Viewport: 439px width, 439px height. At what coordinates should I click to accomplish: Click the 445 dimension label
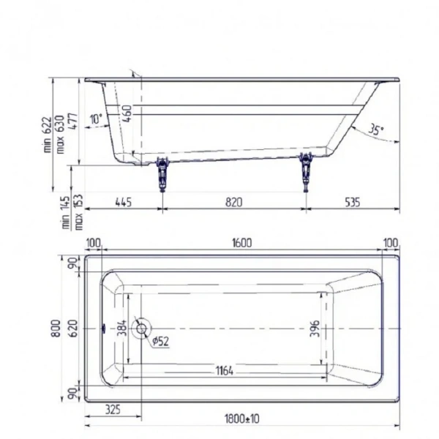point(122,202)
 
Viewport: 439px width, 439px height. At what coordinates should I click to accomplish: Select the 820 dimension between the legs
point(233,202)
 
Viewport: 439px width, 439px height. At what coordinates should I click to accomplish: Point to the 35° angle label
point(376,130)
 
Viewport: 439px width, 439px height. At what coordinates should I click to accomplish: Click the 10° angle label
point(96,119)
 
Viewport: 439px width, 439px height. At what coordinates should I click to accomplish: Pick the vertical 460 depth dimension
point(127,115)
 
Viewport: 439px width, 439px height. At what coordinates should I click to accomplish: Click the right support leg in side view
point(305,171)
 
